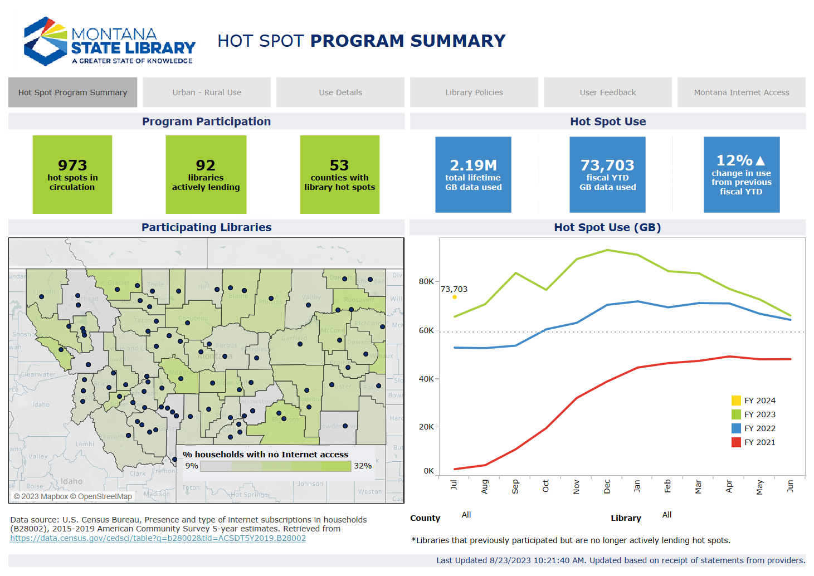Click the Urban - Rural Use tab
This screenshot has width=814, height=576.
pos(207,92)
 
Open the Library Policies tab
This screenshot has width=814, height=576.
pos(474,92)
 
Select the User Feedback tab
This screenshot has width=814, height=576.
pos(607,92)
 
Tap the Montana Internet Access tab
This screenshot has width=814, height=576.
pos(741,92)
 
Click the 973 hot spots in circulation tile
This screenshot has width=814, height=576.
pos(72,175)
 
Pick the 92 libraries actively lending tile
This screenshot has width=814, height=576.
pos(206,175)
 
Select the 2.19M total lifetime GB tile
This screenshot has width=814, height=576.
pos(473,175)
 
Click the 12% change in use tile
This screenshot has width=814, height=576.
pos(741,175)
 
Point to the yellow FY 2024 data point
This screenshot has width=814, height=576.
pos(455,297)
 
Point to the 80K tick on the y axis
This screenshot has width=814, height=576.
pos(426,281)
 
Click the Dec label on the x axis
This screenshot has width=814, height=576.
pos(607,486)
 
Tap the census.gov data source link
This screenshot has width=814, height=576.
pos(158,538)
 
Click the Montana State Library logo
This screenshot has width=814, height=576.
pos(109,41)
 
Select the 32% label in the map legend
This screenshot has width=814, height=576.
pos(363,466)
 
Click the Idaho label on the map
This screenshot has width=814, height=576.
pos(71,481)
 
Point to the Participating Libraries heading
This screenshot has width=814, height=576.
pos(206,227)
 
